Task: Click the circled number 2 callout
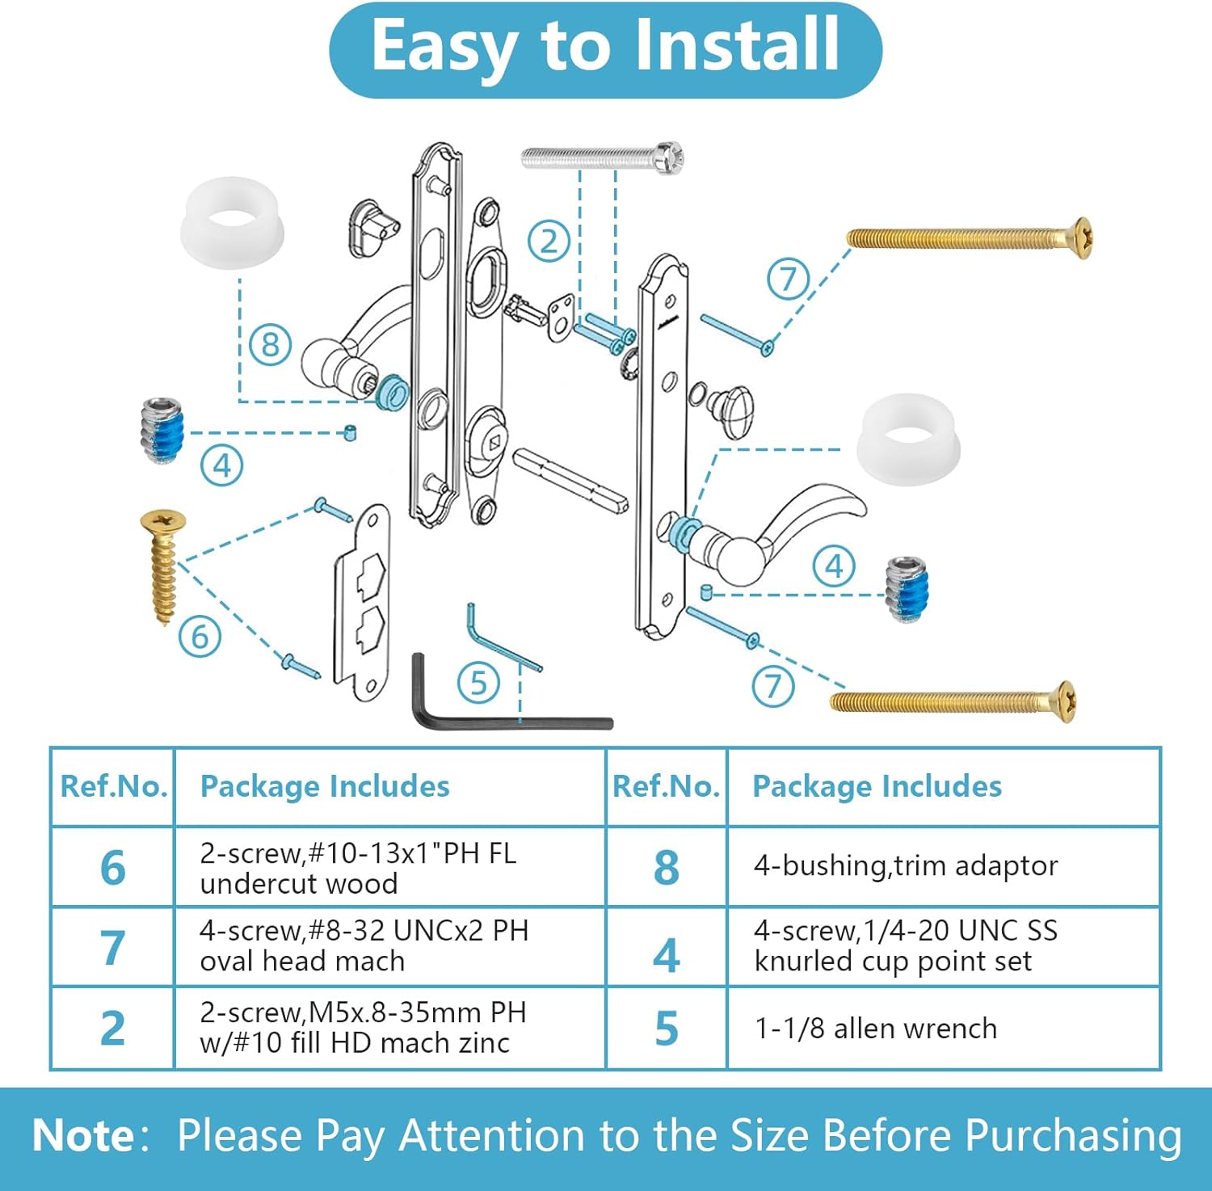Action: click(x=549, y=241)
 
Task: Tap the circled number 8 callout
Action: click(x=270, y=345)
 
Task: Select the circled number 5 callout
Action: click(x=478, y=683)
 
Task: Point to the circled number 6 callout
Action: click(x=200, y=637)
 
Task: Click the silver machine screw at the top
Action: click(x=602, y=158)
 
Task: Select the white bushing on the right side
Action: click(x=908, y=440)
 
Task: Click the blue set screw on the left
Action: click(x=163, y=431)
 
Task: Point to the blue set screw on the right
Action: click(x=908, y=589)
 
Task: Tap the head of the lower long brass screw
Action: click(x=1065, y=701)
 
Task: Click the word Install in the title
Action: click(x=735, y=46)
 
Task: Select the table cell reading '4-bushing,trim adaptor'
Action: click(x=905, y=866)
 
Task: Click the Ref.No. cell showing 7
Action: click(x=112, y=947)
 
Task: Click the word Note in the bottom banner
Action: click(x=82, y=1135)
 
